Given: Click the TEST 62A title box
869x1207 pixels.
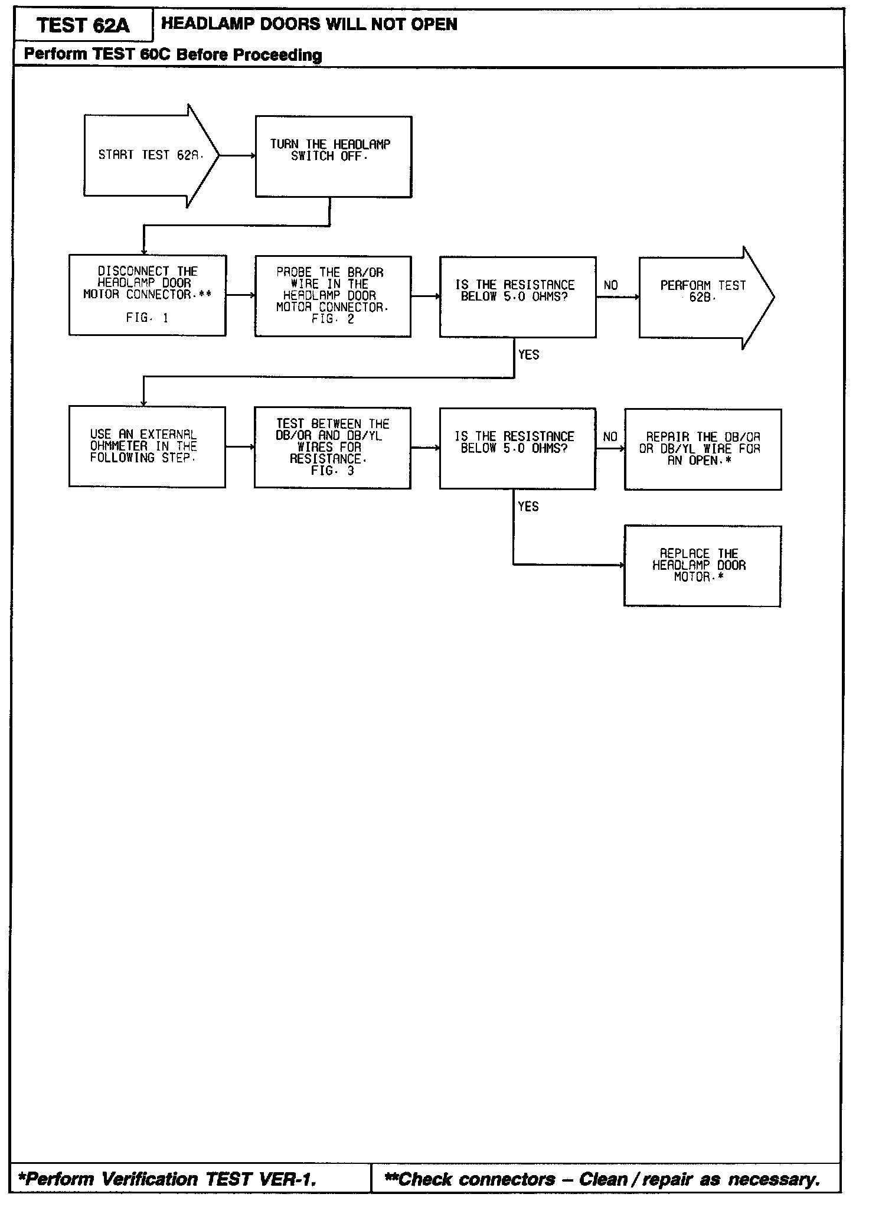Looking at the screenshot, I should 83,25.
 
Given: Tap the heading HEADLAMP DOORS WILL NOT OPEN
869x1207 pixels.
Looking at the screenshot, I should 309,24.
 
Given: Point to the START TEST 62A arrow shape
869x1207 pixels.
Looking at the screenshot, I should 148,155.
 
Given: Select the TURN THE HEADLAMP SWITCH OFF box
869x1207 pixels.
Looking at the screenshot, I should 333,156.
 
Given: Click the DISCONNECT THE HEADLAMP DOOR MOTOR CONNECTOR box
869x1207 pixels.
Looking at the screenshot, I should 147,295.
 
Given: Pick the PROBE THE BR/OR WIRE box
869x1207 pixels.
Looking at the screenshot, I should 333,296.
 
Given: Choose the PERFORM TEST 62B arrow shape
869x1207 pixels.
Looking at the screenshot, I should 703,296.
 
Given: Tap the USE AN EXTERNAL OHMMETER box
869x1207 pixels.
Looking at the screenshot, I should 147,446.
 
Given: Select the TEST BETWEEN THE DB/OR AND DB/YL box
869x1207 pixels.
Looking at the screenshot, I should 332,448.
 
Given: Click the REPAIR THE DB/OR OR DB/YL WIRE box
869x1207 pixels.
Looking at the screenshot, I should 703,449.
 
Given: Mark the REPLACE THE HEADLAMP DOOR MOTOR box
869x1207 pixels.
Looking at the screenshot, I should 702,566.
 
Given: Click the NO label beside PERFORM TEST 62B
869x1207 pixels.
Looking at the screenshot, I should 610,286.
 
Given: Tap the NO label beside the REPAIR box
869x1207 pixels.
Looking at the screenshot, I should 610,437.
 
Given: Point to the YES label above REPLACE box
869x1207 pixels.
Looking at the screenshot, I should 528,507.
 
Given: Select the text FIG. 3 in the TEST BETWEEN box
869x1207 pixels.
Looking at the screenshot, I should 332,471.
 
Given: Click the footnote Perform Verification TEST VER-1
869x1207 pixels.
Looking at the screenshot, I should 168,1179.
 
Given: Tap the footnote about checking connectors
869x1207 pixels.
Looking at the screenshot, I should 602,1179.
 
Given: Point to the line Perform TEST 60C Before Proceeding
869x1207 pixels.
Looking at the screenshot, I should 173,55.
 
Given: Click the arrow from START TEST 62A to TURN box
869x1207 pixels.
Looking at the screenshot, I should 237,156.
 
